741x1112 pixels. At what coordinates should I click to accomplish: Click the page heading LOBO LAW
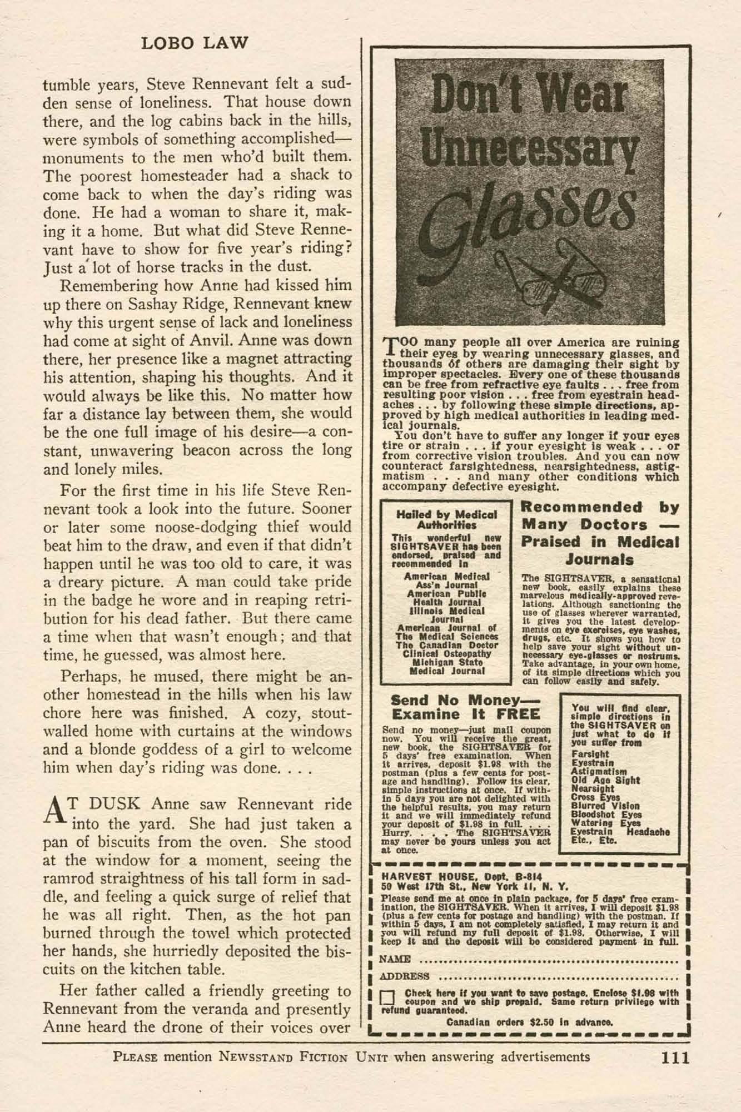195,43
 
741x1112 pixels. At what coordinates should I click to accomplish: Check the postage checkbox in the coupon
388,999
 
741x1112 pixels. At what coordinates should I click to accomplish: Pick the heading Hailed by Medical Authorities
446,519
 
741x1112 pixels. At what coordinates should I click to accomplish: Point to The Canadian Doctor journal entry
446,646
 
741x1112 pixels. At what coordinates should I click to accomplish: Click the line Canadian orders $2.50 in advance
530,1022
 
